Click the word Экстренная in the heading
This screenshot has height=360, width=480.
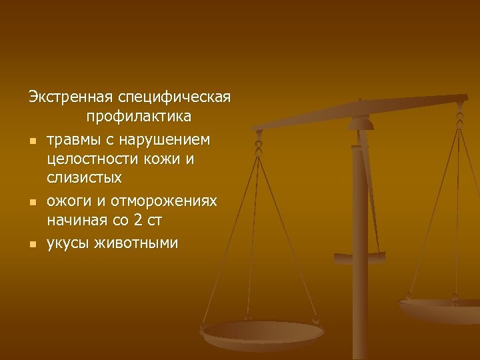tap(70, 97)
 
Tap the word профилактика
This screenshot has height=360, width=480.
tap(138, 117)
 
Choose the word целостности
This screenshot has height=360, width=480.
tap(89, 159)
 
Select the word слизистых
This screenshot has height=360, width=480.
tap(85, 179)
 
